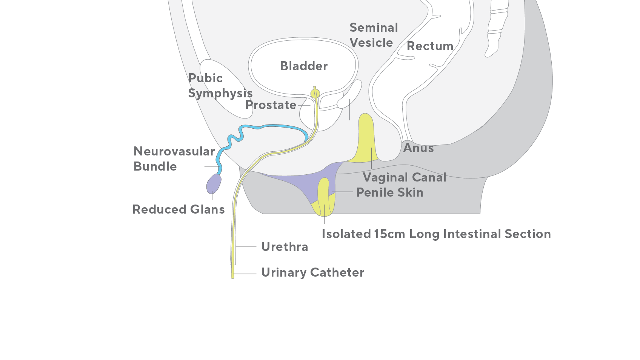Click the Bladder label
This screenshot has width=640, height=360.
(303, 66)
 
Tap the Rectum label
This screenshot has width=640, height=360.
(430, 46)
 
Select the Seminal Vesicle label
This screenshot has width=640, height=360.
(373, 35)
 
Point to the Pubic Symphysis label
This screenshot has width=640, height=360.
(220, 86)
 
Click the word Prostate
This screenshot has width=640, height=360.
(271, 105)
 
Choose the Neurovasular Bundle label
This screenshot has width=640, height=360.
(174, 159)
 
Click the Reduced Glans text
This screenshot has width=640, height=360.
(178, 209)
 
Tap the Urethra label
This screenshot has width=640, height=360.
(285, 247)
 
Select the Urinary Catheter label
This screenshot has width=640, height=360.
(312, 272)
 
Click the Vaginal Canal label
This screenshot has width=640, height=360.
(405, 177)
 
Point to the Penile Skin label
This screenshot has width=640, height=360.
(390, 192)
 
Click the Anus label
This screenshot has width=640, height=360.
(418, 148)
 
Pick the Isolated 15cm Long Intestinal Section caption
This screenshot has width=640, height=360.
(436, 234)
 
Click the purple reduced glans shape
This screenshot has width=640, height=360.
(214, 183)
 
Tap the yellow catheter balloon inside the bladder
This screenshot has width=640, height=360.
(315, 93)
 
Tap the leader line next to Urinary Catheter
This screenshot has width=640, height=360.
(246, 274)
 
